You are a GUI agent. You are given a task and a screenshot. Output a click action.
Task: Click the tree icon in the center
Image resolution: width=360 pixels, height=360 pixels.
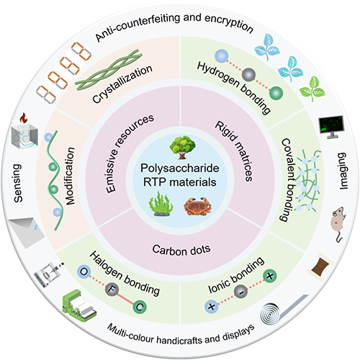(x=182, y=147)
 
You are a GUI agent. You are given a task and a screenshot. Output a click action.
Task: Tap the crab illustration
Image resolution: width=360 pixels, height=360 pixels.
(x=197, y=207)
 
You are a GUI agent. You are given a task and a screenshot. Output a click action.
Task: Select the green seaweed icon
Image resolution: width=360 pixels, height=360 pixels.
(x=161, y=204)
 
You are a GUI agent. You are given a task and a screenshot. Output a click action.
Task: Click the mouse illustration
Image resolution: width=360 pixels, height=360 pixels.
(x=339, y=224)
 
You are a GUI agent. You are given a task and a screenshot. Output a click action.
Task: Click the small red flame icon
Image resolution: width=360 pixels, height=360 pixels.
(x=24, y=118)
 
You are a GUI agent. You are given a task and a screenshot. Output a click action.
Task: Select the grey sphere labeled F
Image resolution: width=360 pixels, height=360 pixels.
(x=112, y=289)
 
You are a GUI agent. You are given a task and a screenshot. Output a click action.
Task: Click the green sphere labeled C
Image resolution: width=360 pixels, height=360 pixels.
(x=140, y=307)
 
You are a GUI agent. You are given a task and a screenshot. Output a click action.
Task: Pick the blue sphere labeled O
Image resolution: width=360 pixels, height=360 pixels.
(x=84, y=272)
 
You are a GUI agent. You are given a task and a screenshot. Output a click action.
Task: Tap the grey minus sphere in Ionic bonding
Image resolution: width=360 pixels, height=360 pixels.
(x=240, y=292)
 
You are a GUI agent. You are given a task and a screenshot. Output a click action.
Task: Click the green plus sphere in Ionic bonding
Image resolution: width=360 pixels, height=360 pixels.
(x=270, y=276)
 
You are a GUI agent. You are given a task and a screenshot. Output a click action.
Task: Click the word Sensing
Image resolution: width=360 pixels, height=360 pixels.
(x=18, y=183)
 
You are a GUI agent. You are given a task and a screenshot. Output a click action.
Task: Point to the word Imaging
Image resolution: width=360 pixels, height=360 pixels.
(x=343, y=171)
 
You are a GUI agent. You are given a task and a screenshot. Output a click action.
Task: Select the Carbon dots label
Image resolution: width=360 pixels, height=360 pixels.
(x=181, y=250)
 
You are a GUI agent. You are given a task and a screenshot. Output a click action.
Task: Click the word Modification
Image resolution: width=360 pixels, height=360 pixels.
(x=70, y=176)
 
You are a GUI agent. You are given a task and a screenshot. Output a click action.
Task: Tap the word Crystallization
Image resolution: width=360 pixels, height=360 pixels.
(x=122, y=84)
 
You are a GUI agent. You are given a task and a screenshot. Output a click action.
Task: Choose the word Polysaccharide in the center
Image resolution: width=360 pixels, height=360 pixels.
(x=180, y=168)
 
